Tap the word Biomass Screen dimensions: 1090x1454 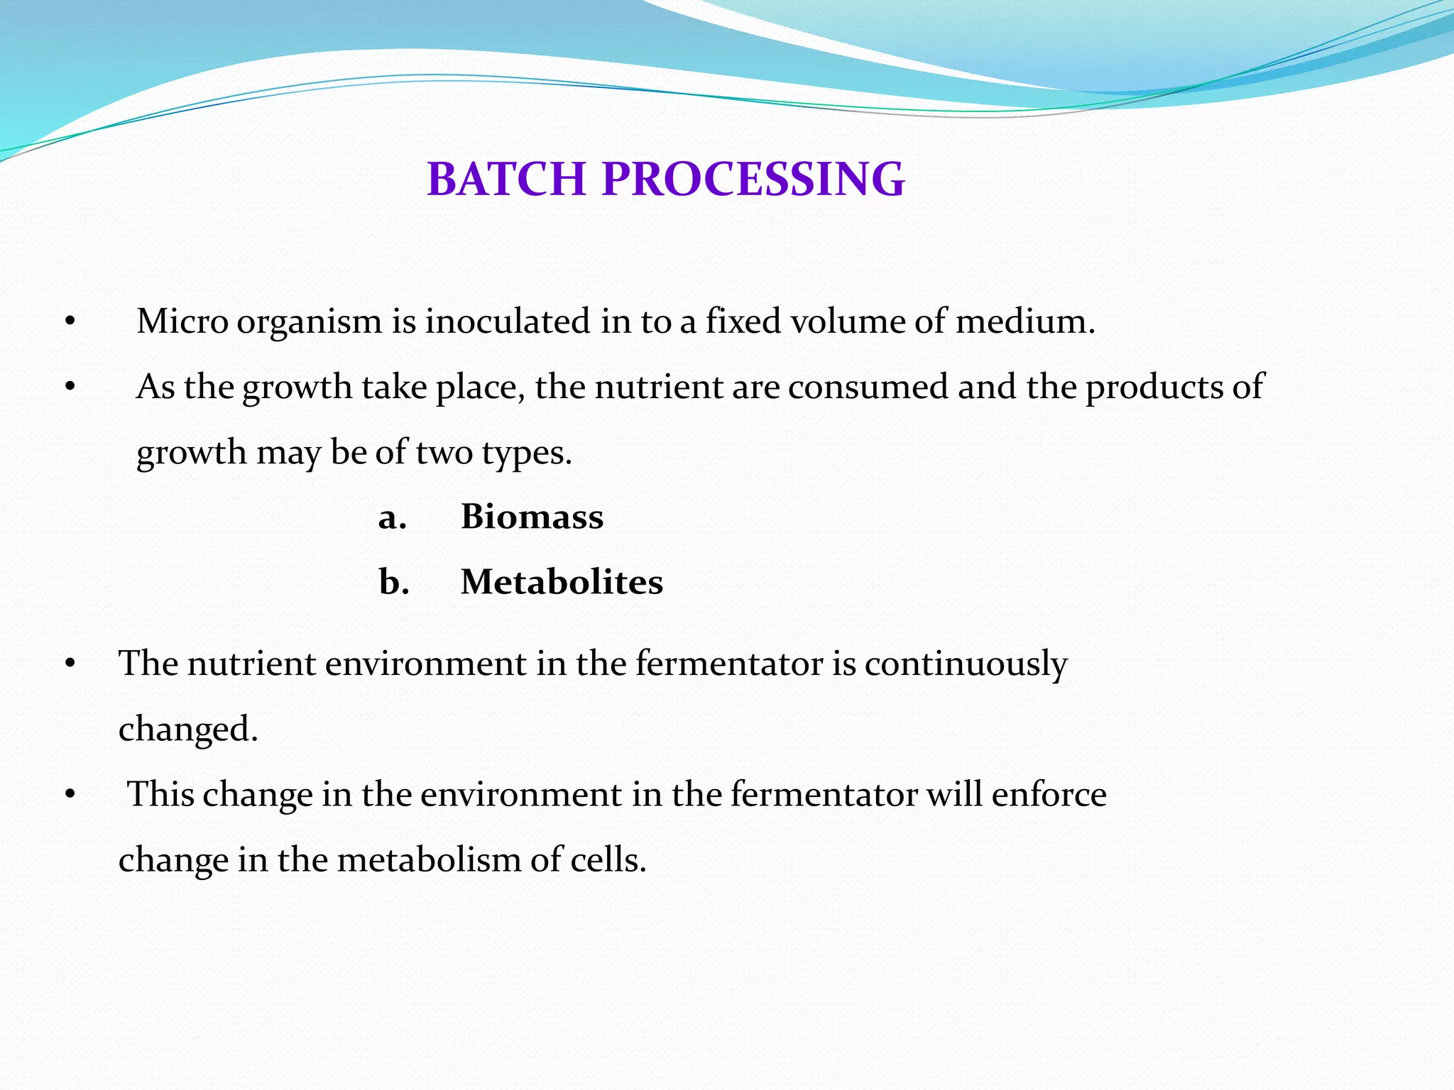[532, 516]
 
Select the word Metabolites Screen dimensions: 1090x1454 [562, 582]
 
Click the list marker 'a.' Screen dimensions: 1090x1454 [392, 517]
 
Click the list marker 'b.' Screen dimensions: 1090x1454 [393, 582]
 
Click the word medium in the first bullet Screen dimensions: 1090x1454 [1024, 321]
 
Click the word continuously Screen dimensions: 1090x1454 [966, 664]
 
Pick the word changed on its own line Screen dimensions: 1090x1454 [187, 729]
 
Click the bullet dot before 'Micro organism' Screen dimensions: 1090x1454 [70, 323]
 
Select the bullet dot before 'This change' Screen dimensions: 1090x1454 [70, 796]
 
